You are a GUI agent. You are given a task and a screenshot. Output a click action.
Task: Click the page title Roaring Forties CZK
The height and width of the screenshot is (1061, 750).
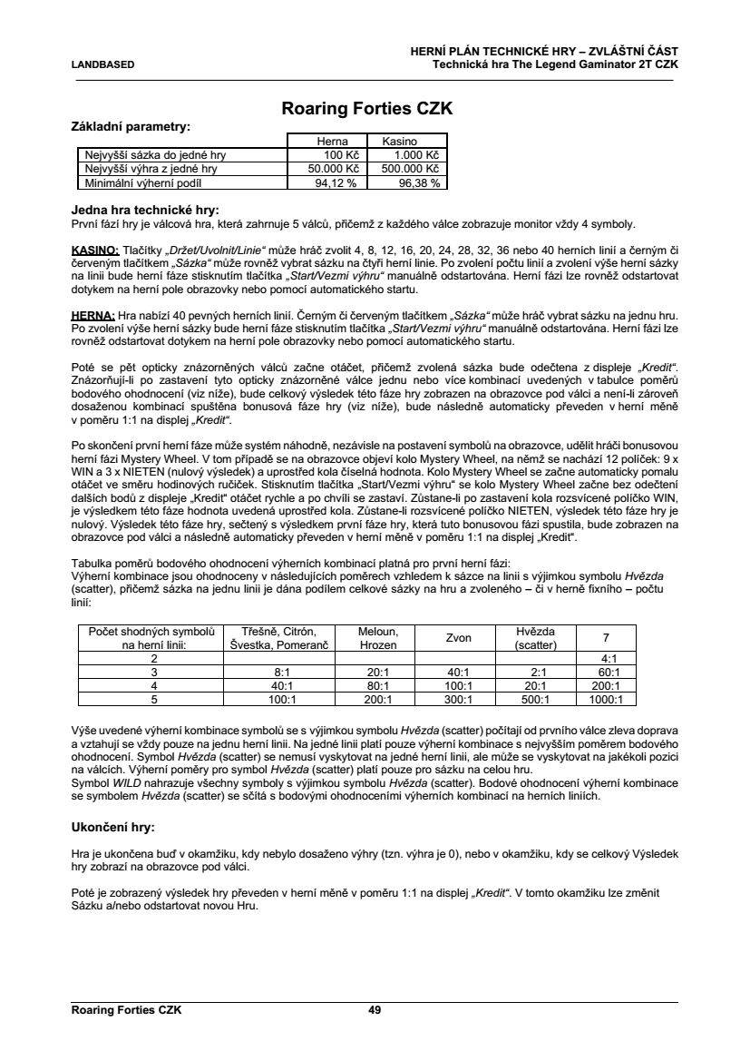pos(367,109)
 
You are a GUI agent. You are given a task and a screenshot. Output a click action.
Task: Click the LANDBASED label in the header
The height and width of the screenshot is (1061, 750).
pos(102,65)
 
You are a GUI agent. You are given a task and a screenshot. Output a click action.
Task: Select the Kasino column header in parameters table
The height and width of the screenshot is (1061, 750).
pos(399,142)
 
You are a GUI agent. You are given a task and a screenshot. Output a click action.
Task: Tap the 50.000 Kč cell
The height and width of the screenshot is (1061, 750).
pos(334,169)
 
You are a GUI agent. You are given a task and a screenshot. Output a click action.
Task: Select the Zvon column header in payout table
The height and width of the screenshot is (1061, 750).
pos(459,638)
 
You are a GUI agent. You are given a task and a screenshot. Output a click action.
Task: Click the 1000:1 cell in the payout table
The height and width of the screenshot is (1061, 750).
pos(606,700)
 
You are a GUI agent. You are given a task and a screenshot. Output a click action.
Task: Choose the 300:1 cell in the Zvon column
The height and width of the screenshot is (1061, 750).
pos(459,700)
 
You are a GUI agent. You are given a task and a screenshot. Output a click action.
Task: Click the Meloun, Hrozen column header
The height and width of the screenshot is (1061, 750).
pos(372,638)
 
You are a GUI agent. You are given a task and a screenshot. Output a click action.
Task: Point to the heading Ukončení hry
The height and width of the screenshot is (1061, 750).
pos(112,828)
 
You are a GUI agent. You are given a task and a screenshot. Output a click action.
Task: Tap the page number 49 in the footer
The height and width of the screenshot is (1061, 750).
pos(375,1009)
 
